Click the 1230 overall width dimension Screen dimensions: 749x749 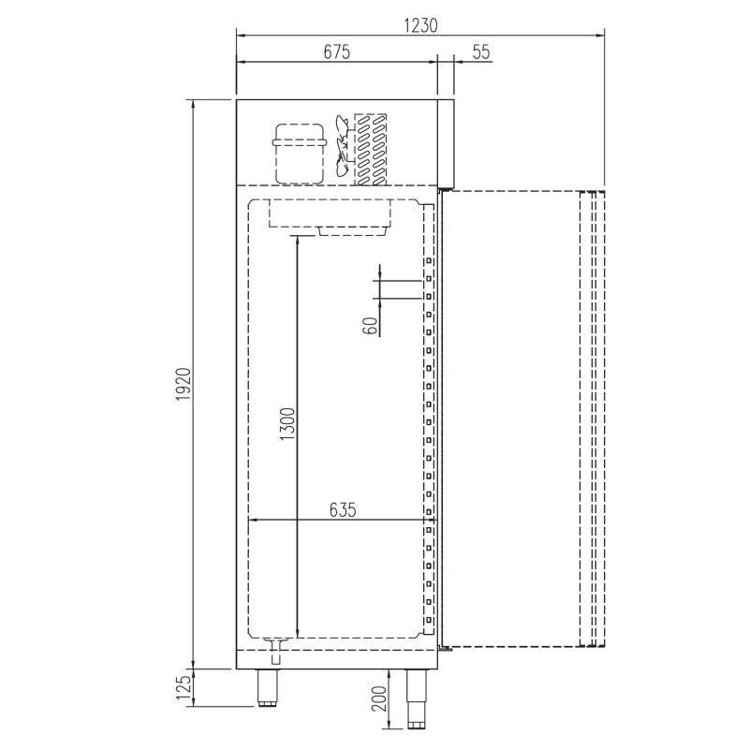pyautogui.click(x=420, y=25)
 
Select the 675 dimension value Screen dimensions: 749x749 pyautogui.click(x=337, y=51)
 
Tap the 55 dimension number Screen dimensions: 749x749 pyautogui.click(x=481, y=51)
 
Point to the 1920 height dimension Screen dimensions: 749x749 pyautogui.click(x=184, y=385)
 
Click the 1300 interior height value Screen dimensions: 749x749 pyautogui.click(x=288, y=424)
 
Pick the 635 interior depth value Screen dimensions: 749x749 pyautogui.click(x=343, y=509)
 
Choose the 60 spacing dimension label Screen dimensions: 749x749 pyautogui.click(x=372, y=326)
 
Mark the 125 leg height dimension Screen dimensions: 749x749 pyautogui.click(x=184, y=687)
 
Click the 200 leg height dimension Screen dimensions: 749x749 pyautogui.click(x=379, y=698)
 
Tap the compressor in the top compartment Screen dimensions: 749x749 pyautogui.click(x=300, y=154)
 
